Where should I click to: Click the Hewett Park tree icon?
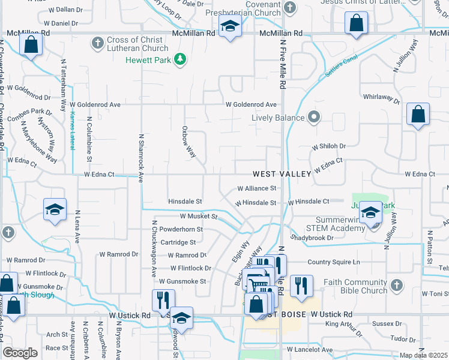click(179, 59)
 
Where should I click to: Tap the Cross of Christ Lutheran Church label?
click(137, 44)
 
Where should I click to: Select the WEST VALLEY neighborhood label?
click(282, 174)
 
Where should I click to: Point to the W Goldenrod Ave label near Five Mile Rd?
click(251, 104)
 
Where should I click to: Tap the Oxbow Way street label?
click(189, 142)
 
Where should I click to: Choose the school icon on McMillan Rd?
click(229, 27)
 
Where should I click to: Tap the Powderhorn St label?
click(181, 229)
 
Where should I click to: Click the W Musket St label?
click(198, 216)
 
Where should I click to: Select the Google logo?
click(20, 353)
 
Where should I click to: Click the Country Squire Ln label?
click(333, 262)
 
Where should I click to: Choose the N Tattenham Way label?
click(62, 85)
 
